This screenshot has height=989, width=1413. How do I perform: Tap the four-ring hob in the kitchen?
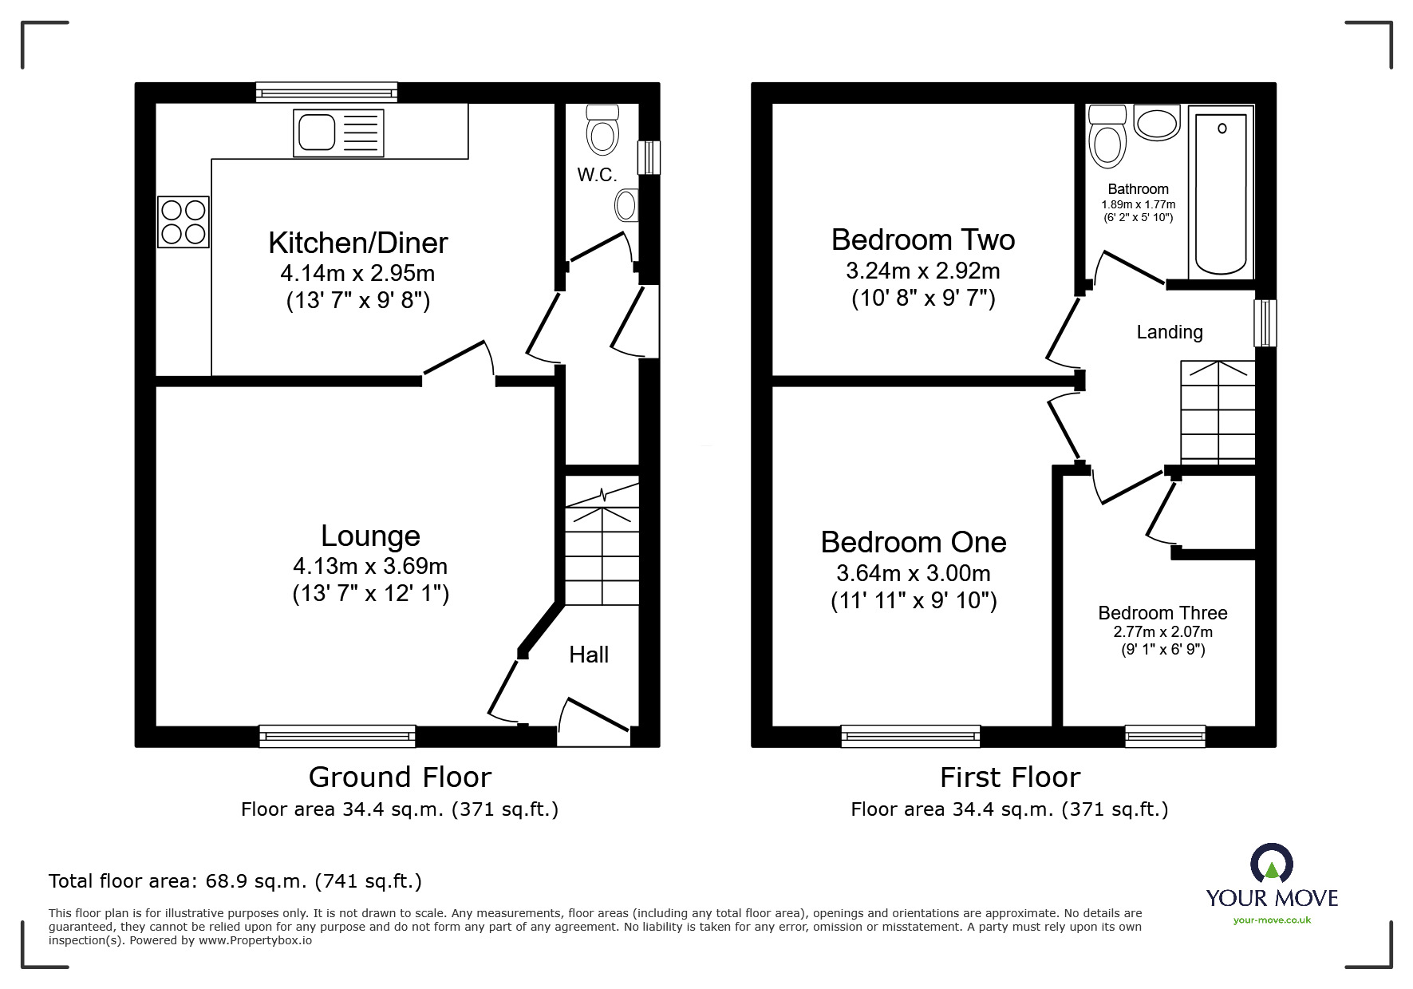click(x=184, y=221)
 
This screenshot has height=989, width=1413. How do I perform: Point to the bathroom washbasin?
click(x=1156, y=124)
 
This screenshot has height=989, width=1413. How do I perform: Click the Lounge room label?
click(x=370, y=536)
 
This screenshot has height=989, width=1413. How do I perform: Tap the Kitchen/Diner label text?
click(x=357, y=243)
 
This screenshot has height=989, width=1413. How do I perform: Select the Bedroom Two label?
click(x=923, y=239)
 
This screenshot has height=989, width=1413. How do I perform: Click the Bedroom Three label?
click(x=1162, y=613)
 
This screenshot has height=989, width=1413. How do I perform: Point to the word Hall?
click(x=589, y=655)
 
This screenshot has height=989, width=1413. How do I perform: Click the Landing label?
click(x=1170, y=332)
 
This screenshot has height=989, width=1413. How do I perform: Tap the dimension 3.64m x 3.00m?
click(x=914, y=573)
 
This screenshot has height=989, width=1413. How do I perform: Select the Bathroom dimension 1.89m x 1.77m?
click(x=1138, y=204)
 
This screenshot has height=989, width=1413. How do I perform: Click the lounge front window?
click(x=337, y=736)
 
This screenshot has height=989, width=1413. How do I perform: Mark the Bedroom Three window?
click(x=1165, y=736)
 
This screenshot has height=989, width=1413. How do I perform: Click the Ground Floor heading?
click(x=400, y=777)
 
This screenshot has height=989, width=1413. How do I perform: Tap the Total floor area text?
click(x=235, y=881)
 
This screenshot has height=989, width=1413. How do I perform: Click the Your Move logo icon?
click(x=1271, y=864)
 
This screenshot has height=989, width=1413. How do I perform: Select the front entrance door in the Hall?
click(x=595, y=722)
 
